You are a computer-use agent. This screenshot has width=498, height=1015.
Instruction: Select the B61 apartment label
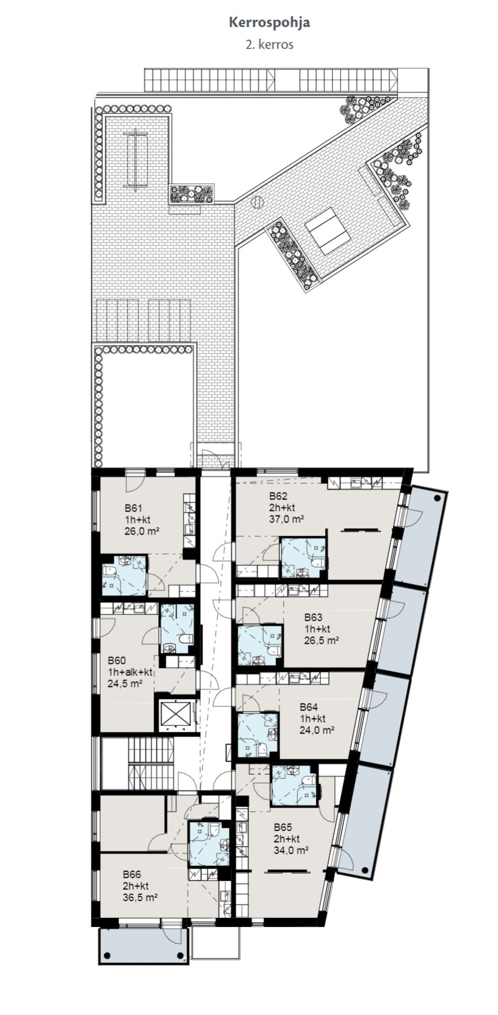133,508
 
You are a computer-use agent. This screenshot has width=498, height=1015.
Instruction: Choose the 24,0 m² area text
317,731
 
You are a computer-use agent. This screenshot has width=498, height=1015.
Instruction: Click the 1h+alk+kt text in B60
130,672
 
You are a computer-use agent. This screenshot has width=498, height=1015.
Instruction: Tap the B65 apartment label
282,828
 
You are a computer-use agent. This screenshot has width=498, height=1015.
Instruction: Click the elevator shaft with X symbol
174,714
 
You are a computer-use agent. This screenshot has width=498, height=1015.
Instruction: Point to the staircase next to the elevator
150,763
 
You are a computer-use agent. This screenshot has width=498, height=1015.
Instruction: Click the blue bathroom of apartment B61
124,575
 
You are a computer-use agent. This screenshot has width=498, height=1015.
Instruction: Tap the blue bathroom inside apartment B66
209,843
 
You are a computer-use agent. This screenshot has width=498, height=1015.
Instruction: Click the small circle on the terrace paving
257,202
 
